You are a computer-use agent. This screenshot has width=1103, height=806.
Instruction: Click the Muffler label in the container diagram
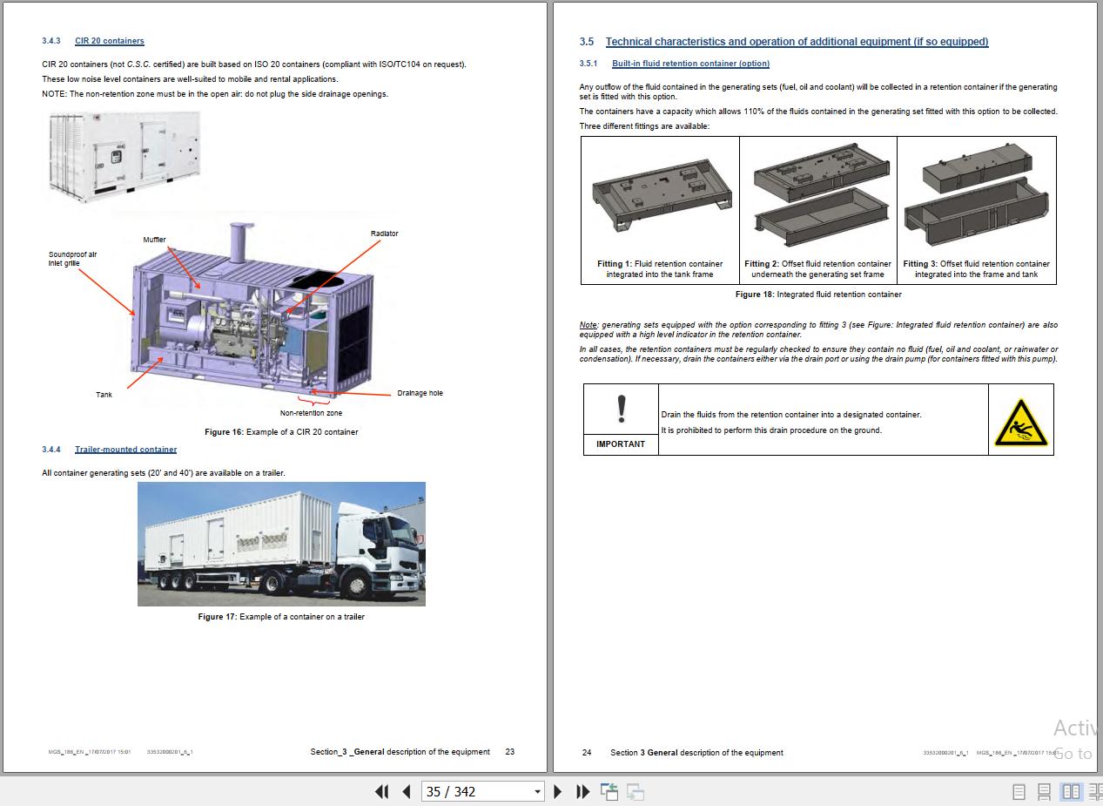tap(154, 240)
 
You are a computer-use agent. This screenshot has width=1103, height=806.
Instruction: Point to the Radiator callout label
tap(384, 234)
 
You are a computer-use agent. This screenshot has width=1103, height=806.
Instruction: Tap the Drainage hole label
tap(420, 393)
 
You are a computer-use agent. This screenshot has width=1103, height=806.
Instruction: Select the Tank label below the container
tap(104, 395)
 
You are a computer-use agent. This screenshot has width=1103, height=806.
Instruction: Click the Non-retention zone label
tap(311, 413)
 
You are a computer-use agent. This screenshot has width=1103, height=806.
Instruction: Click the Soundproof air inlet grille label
tap(72, 259)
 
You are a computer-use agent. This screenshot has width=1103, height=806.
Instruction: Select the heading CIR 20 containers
tap(109, 41)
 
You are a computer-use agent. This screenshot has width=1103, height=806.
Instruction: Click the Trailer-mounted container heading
tap(125, 450)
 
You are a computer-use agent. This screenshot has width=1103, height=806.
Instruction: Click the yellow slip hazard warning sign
tap(1020, 423)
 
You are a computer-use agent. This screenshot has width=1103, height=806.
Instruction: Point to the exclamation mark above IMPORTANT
tap(621, 409)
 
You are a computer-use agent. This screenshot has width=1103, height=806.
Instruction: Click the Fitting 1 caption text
tap(660, 269)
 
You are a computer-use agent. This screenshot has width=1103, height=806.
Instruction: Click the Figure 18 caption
tap(818, 295)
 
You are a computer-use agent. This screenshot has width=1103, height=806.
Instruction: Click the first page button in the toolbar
tap(381, 791)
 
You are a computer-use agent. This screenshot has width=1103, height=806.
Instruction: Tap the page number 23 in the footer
tap(510, 752)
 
